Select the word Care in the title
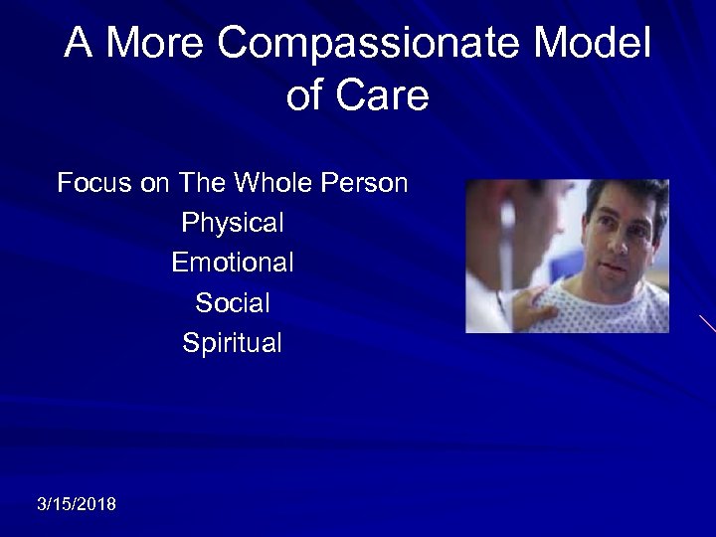[x=389, y=96]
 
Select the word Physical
[x=233, y=224]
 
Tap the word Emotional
[x=233, y=264]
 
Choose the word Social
[x=233, y=303]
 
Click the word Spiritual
[x=233, y=344]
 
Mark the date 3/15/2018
[x=76, y=505]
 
